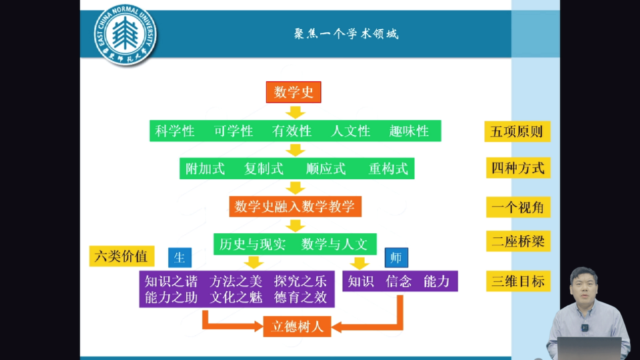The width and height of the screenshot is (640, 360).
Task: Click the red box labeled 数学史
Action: [293, 92]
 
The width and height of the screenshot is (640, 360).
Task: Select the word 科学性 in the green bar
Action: [175, 131]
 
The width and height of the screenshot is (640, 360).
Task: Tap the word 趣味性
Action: [409, 131]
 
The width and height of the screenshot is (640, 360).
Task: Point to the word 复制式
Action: [264, 169]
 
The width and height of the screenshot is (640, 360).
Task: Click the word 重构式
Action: [388, 169]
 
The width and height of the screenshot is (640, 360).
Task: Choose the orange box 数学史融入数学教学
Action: [295, 207]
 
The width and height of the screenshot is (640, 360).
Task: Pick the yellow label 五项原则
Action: [517, 132]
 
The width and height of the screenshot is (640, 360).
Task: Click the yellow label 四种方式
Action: [518, 168]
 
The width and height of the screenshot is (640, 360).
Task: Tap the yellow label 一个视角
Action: [518, 208]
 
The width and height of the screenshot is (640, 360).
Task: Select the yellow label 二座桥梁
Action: [518, 242]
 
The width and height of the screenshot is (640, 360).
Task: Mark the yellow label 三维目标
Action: [518, 281]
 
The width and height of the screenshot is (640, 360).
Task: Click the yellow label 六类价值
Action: [121, 256]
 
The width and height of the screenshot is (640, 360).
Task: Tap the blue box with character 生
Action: [180, 258]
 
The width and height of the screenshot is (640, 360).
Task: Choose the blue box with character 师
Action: [396, 258]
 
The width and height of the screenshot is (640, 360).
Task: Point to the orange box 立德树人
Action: [297, 326]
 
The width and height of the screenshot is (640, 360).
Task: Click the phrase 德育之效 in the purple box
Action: [301, 297]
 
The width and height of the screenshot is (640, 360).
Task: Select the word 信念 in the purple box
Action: [399, 281]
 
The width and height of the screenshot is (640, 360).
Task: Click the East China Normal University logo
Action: [125, 35]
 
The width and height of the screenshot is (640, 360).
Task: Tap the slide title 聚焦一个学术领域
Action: [346, 34]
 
